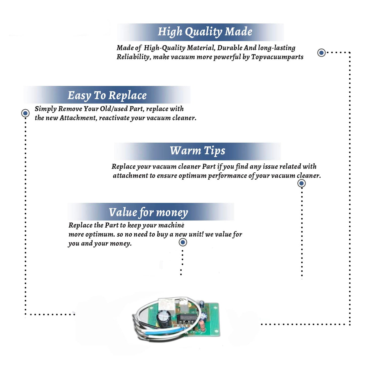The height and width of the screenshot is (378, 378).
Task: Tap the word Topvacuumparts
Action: tap(277, 57)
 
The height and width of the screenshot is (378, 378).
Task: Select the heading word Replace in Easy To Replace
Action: tap(128, 96)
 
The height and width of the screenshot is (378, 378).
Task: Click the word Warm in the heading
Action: tap(185, 150)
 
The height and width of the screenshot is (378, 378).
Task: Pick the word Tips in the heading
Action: tap(214, 151)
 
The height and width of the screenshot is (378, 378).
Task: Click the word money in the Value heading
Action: tap(172, 213)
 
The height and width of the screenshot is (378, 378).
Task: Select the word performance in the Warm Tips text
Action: tap(227, 176)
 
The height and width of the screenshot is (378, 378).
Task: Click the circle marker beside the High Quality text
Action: tap(321, 53)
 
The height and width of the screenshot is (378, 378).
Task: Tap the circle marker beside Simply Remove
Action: tap(25, 113)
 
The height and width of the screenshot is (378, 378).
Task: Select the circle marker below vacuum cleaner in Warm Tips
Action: tap(302, 183)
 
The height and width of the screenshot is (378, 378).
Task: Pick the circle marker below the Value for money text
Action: tap(183, 242)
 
